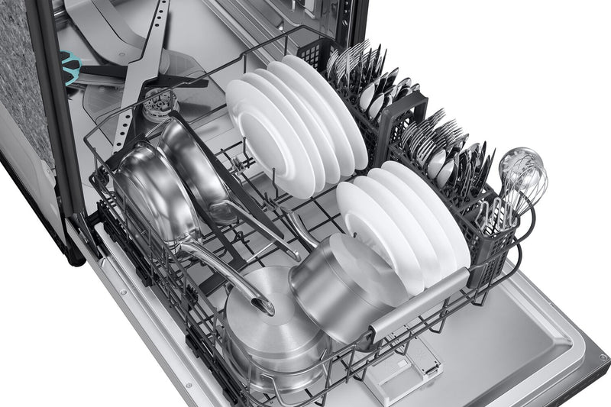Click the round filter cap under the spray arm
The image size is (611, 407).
(x=157, y=104)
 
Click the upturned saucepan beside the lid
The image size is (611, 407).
(x=336, y=286)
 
